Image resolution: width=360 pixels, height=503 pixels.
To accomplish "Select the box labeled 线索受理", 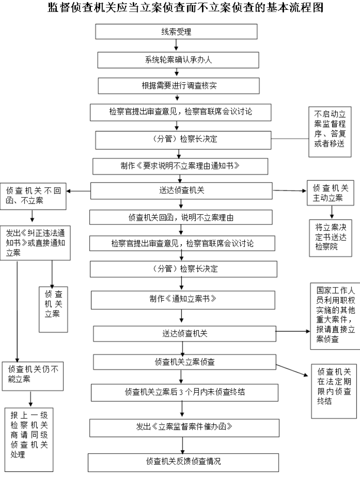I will click(176, 32).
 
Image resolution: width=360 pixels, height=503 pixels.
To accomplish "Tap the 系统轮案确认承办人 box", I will click(178, 60).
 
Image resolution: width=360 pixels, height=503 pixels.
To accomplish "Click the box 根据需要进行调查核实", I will click(179, 85).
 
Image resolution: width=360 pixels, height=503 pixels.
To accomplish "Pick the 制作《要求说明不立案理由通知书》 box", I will click(180, 166).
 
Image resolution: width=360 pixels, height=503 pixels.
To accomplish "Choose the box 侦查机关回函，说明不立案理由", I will click(180, 218).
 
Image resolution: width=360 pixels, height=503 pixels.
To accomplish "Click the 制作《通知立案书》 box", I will click(183, 299).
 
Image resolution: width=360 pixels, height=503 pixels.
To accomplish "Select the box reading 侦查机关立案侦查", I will click(184, 362).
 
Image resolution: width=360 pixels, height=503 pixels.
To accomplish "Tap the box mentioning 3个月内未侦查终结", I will click(184, 392).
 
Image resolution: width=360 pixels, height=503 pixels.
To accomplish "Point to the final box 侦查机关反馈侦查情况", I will click(183, 462).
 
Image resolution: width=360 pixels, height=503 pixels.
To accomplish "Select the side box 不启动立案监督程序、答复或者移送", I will click(329, 131).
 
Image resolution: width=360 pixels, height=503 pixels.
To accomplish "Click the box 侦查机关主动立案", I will click(330, 193).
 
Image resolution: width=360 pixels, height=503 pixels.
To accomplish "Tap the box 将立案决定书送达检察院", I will click(330, 238).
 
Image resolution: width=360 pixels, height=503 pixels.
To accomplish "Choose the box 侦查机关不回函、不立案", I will click(34, 195).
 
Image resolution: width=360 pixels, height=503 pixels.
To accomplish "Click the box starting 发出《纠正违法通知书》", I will click(35, 243).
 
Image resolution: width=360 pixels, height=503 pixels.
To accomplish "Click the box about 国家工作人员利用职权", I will click(335, 315).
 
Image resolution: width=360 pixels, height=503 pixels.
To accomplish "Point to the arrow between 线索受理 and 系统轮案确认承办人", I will click(176, 45).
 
